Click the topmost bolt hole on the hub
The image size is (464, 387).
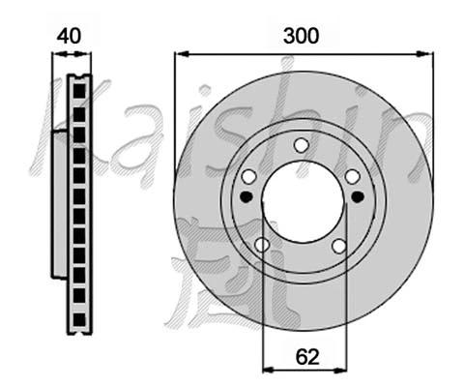coord(301,145)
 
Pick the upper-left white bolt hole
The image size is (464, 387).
coord(249,176)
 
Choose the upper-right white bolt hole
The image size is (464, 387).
coord(352,175)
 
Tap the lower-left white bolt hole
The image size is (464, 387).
coord(262,246)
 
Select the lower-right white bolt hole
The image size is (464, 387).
coord(339,246)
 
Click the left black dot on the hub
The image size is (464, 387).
coord(246,196)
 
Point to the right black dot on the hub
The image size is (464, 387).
coord(358,196)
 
